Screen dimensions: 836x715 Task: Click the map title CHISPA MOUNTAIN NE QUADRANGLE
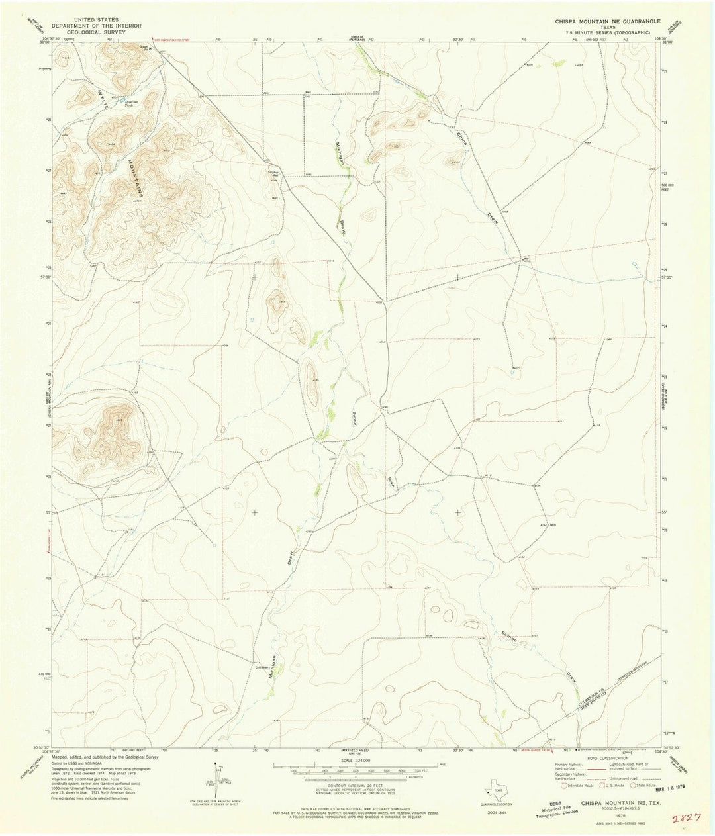pyautogui.click(x=608, y=22)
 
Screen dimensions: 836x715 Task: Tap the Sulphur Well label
pyautogui.click(x=274, y=175)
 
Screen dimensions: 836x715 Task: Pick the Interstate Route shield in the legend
pyautogui.click(x=562, y=786)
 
